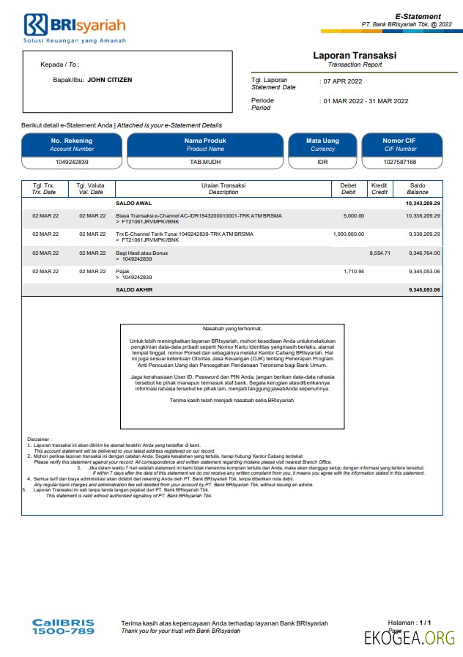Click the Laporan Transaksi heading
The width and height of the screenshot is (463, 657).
pos(355,56)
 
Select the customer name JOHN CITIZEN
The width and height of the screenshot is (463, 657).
pos(110,80)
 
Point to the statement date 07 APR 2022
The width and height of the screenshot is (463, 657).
pos(344,81)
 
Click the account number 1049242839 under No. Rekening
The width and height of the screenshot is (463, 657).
pos(73,162)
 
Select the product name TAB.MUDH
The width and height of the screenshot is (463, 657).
pos(204,162)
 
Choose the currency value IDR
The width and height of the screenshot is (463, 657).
pos(322,162)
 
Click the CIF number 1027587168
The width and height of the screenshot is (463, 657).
pos(400,162)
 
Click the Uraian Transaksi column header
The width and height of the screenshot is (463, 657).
pos(223,189)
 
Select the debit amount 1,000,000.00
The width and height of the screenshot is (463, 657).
pos(348,234)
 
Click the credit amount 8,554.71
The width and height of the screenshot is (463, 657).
pos(380,253)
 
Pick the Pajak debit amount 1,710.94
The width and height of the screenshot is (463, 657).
pos(354,271)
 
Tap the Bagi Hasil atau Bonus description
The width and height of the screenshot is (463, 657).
pos(142,253)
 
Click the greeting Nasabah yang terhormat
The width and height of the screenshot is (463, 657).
pos(232,329)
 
